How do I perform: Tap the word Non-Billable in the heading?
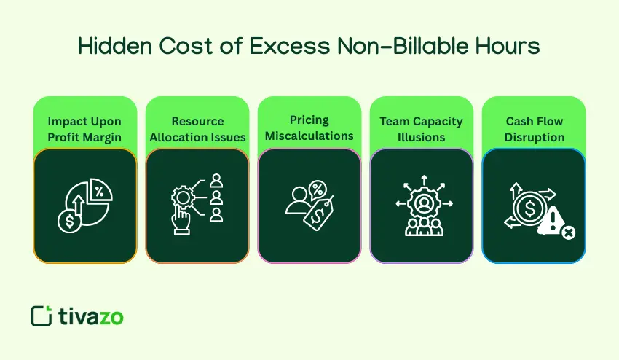383,47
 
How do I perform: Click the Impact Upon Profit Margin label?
84,128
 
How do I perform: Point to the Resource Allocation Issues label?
197,128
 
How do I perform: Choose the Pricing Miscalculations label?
309,128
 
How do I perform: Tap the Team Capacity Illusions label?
422,128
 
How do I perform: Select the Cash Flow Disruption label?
534,128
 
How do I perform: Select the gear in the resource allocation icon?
183,197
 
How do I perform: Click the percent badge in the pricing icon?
318,191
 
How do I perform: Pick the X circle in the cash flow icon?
568,232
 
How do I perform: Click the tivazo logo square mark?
42,316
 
